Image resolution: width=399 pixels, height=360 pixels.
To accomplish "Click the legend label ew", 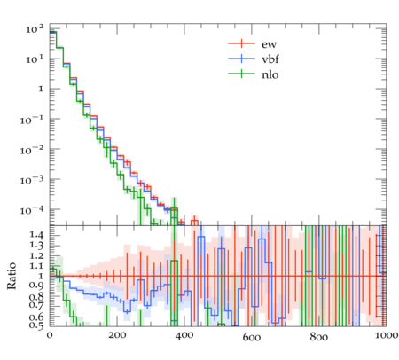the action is pos(270,44).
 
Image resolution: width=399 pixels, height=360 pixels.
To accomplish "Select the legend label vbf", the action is pos(270,59).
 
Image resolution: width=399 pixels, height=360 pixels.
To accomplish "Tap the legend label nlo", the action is pos(270,74).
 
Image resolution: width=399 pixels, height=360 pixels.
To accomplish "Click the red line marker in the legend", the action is pos(241,43).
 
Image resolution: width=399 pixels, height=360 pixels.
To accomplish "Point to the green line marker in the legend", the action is pos(241,74).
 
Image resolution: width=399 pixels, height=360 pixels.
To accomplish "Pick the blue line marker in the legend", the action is pos(241,59).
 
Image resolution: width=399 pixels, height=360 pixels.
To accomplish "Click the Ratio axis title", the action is pos(12,276).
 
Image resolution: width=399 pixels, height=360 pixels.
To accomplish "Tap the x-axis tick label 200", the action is pos(117,336).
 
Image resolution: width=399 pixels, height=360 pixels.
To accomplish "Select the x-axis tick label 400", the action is pos(184,336).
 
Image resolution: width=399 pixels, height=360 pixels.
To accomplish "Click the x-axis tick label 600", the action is pos(252,337).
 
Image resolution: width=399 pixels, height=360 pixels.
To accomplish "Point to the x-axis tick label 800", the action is pos(319,337).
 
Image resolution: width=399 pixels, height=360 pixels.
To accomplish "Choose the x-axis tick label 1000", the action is pos(385,335).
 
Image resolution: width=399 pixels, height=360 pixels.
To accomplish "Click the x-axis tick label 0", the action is pos(50,336).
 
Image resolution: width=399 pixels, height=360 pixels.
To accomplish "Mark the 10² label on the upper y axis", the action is pos(35,29).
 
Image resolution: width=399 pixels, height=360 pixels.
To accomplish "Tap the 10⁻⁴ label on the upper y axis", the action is pos(32,210).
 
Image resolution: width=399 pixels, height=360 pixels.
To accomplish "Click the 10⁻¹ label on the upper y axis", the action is pos(32,120).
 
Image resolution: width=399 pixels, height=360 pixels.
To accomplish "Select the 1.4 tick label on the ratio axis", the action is pos(36,235).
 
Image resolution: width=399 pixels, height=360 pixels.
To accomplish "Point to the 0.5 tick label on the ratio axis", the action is pos(36,325).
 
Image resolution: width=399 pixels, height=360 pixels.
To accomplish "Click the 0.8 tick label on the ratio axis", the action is pos(36,296).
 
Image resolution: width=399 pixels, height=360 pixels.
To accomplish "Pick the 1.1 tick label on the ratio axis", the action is pos(36,266).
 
